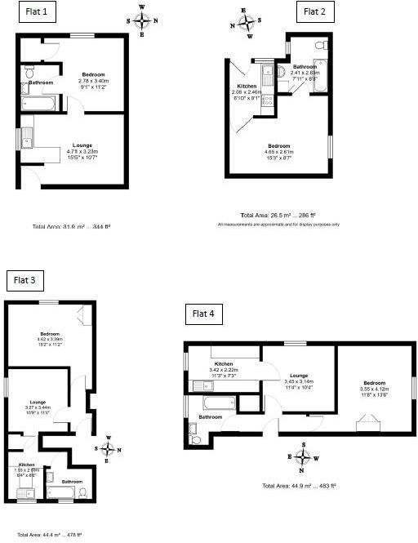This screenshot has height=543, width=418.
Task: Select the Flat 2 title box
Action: pos(314,11)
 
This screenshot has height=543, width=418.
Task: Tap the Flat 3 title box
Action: pos(24,281)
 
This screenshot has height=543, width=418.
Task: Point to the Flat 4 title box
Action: pos(203,313)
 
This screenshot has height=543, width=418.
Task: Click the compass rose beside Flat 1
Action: pos(142,20)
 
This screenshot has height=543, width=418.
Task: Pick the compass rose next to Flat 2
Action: pos(244,23)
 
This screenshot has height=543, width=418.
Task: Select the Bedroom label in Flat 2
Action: pos(279,146)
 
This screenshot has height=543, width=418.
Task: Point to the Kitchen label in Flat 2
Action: pos(247,86)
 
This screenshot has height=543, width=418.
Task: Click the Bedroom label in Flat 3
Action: pos(51,333)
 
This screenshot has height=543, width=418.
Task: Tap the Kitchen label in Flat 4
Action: pos(224,364)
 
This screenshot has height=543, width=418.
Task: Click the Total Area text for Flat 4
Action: pos(299,486)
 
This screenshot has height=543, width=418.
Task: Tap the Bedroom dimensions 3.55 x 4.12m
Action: pos(375,389)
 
